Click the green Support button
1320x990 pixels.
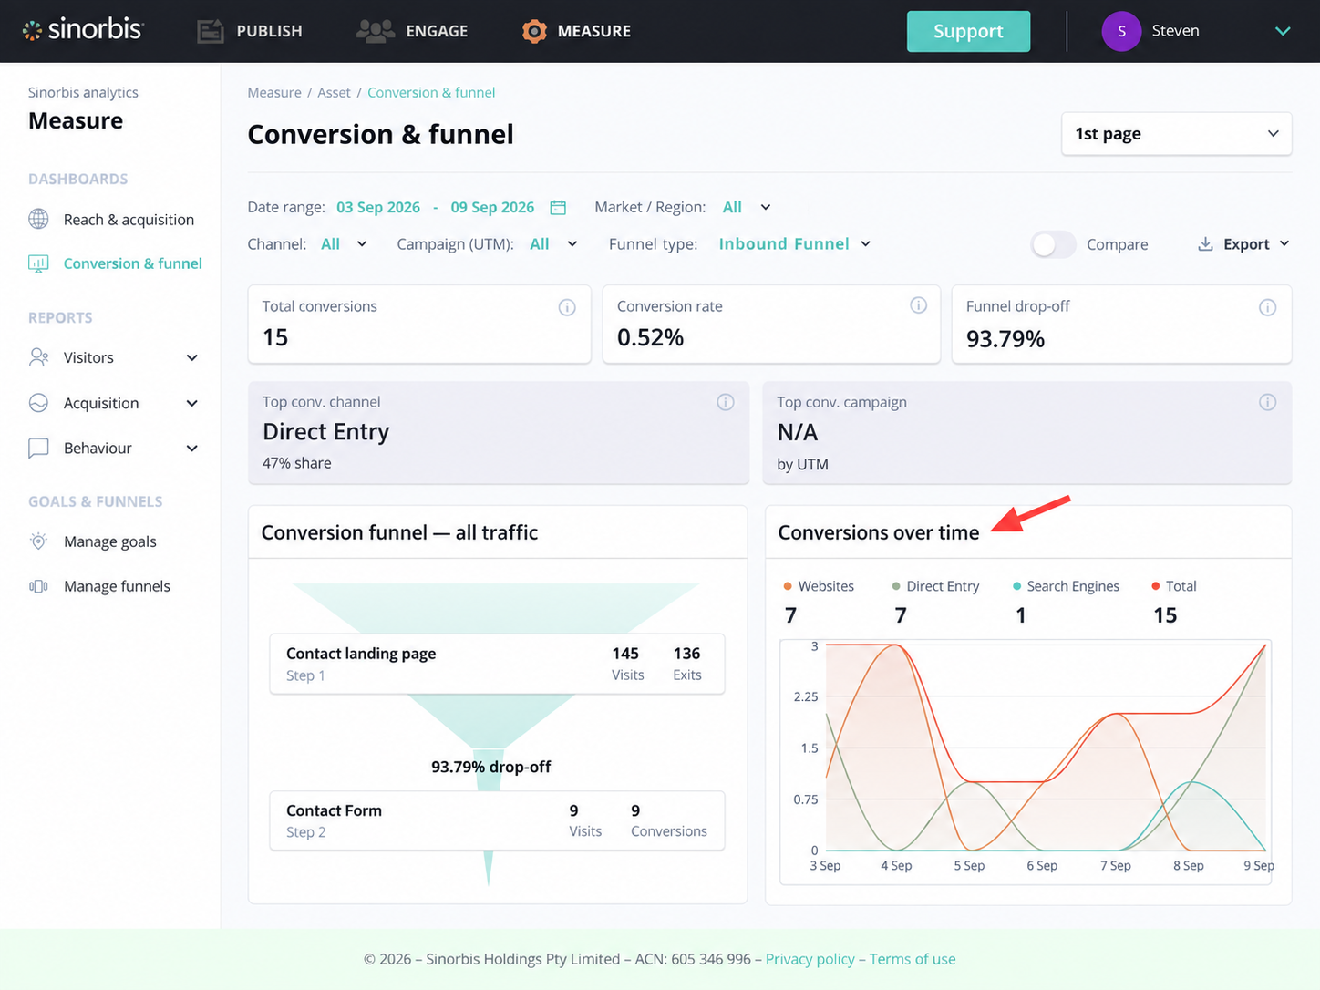click(968, 31)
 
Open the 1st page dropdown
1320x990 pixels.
click(1176, 133)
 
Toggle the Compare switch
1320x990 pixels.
click(1053, 244)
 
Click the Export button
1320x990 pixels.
click(1244, 244)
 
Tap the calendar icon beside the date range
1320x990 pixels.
click(558, 207)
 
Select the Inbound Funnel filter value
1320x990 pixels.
click(784, 244)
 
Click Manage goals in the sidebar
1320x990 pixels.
click(110, 541)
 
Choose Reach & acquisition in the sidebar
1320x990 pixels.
click(129, 220)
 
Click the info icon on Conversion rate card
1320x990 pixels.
click(918, 305)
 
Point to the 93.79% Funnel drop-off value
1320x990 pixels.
click(1005, 339)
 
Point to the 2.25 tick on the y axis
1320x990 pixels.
click(806, 696)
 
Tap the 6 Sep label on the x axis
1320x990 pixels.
click(1042, 866)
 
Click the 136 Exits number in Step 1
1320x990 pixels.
click(686, 654)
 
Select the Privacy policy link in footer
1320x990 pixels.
click(810, 959)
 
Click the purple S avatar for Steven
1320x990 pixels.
click(1121, 31)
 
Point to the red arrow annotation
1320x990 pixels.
click(1031, 514)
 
